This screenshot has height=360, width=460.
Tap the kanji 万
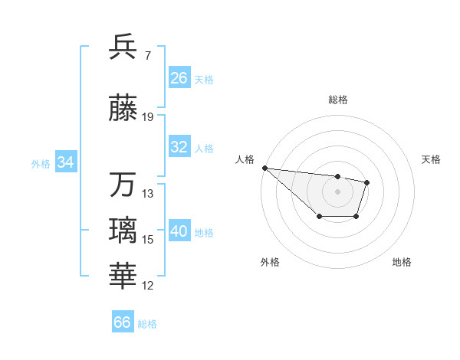(124, 185)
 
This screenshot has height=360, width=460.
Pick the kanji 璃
(124, 230)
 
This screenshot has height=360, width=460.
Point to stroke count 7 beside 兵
(148, 55)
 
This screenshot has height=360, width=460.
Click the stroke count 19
(148, 117)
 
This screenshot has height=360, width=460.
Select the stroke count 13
(148, 194)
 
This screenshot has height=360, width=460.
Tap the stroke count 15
(148, 240)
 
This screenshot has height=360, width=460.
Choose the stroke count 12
(148, 286)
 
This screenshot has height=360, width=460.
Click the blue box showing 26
(179, 78)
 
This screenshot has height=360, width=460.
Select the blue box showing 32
(179, 147)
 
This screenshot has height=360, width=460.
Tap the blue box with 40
(179, 231)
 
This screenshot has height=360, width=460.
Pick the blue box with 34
(65, 162)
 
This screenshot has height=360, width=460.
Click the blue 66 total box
(123, 322)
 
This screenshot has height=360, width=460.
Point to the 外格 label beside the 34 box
(41, 163)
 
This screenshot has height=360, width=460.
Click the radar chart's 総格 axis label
(338, 100)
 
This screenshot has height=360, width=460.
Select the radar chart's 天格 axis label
(432, 159)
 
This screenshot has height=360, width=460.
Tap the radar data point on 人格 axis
(264, 168)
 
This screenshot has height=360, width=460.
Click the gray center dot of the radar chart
(337, 191)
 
